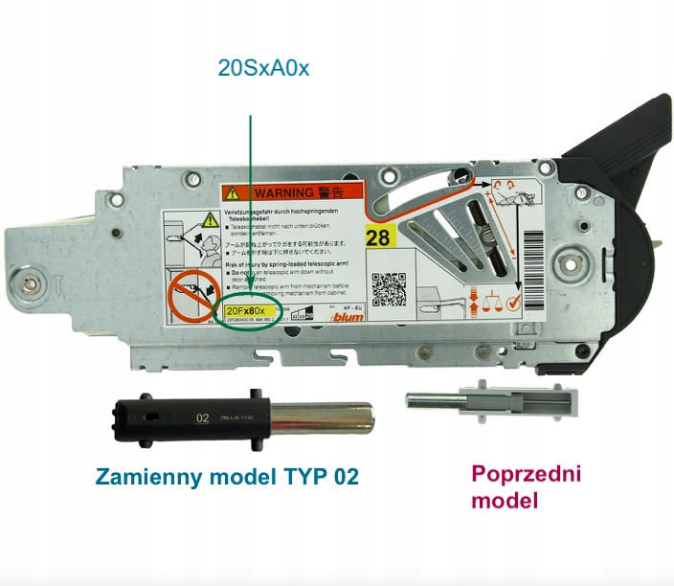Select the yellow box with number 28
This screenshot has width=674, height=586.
[378, 237]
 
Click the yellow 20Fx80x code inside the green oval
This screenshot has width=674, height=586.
[250, 311]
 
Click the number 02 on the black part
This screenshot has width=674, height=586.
[202, 417]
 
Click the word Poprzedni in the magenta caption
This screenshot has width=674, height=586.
[526, 473]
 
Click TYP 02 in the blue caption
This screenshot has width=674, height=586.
[323, 476]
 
